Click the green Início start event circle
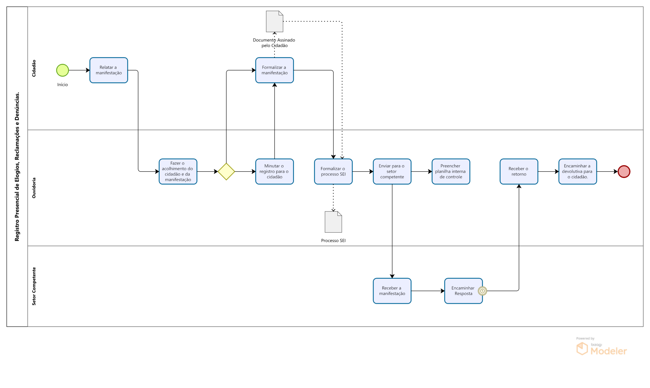tap(63, 70)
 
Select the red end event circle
tap(624, 172)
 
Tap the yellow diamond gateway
tap(226, 172)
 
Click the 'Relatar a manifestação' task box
tap(109, 70)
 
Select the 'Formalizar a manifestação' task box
tap(275, 70)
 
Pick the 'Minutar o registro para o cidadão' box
tap(275, 172)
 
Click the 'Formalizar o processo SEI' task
tap(333, 172)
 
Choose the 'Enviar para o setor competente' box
tap(392, 172)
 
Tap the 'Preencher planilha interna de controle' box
tap(451, 172)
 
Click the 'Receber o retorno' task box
tap(519, 172)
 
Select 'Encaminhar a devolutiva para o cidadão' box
tap(578, 172)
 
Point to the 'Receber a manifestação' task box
tap(392, 291)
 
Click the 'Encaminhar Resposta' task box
tap(463, 291)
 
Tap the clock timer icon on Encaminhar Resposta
tap(482, 291)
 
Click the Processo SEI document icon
tap(333, 222)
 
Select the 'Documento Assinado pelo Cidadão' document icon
tap(275, 22)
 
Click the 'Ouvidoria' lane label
tap(34, 188)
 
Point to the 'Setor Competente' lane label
tap(34, 286)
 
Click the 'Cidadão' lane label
tap(34, 68)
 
